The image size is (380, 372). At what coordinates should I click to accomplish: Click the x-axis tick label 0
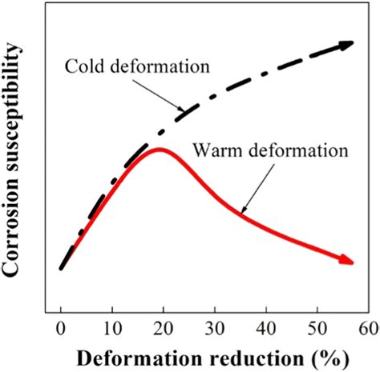point(61,327)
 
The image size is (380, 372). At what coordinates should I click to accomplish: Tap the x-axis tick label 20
point(164,327)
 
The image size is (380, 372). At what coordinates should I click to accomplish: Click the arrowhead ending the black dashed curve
point(346,45)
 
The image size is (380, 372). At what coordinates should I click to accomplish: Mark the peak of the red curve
point(160,149)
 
